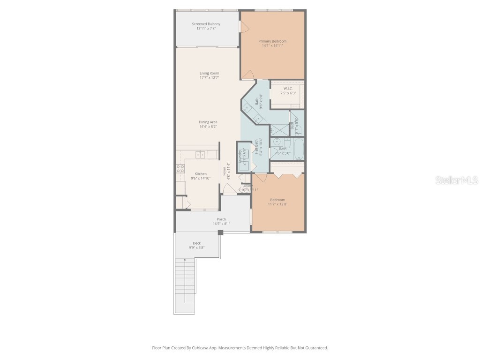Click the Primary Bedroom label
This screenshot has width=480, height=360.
pyautogui.click(x=272, y=41)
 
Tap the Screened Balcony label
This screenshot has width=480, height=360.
pyautogui.click(x=206, y=24)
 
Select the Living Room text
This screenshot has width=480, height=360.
pyautogui.click(x=209, y=73)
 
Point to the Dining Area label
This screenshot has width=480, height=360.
pyautogui.click(x=208, y=122)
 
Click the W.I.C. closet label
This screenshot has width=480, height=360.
pyautogui.click(x=288, y=89)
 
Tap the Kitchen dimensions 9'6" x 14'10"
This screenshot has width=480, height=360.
pyautogui.click(x=201, y=178)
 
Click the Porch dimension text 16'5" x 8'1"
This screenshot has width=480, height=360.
pyautogui.click(x=221, y=224)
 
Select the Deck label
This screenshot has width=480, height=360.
pyautogui.click(x=197, y=243)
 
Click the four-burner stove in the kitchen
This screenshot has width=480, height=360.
pyautogui.click(x=180, y=169)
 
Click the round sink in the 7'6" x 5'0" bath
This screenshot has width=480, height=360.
pyautogui.click(x=277, y=141)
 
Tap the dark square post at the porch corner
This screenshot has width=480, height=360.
pyautogui.click(x=220, y=232)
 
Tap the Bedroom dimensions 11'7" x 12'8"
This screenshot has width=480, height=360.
pyautogui.click(x=277, y=204)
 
